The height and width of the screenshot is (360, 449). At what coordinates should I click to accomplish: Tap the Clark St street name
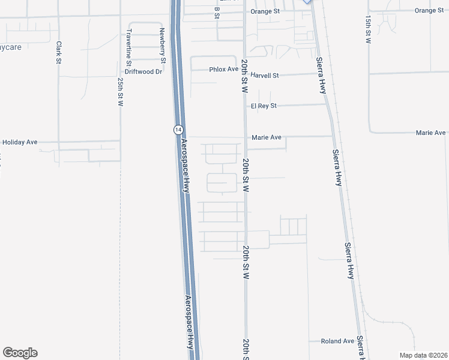point(59,52)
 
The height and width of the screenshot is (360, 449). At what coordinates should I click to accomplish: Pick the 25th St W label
point(121,92)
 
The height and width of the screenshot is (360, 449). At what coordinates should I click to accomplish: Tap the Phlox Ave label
point(224,70)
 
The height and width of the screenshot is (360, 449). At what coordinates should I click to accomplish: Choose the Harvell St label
point(265,76)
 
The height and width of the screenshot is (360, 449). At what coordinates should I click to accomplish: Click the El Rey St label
point(264,106)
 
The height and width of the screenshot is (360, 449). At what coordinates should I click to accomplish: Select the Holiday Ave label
point(20,142)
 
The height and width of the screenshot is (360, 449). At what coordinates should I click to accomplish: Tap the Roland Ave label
point(337,341)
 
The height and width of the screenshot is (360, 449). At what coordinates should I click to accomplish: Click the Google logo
point(20,353)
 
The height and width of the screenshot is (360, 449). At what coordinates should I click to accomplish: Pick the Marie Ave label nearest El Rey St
point(267,137)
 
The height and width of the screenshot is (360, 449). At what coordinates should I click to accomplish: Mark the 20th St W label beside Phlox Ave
point(245,75)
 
